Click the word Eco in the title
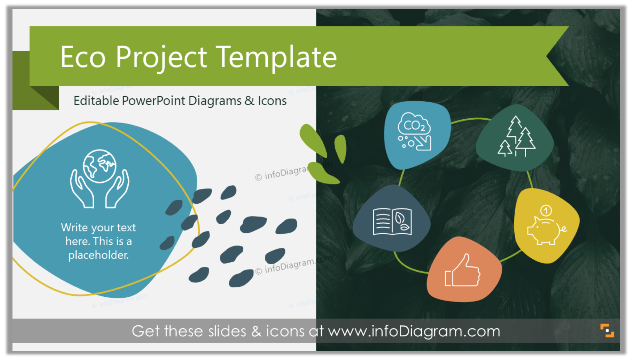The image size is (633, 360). (x=83, y=57)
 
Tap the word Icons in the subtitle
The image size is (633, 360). (x=272, y=101)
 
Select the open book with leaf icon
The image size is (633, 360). (x=392, y=221)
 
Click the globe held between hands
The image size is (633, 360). (x=100, y=166)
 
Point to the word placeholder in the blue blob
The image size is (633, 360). (x=98, y=255)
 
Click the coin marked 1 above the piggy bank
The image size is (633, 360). (x=546, y=211)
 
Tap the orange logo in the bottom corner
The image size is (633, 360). (x=607, y=331)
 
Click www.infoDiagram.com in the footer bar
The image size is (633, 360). (x=414, y=331)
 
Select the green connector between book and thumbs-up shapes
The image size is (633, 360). (x=408, y=267)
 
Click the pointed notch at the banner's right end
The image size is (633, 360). (x=549, y=56)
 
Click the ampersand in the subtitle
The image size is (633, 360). (x=249, y=101)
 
